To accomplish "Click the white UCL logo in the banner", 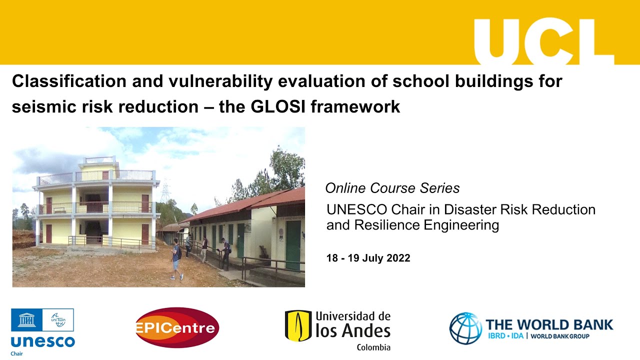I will (543, 42).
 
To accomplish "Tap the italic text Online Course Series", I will (392, 188).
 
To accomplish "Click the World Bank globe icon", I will (465, 328).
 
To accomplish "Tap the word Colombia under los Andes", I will (373, 347).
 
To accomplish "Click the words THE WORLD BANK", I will (549, 324).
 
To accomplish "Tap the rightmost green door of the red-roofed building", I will (293, 244).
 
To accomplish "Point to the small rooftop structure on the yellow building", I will (100, 161).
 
